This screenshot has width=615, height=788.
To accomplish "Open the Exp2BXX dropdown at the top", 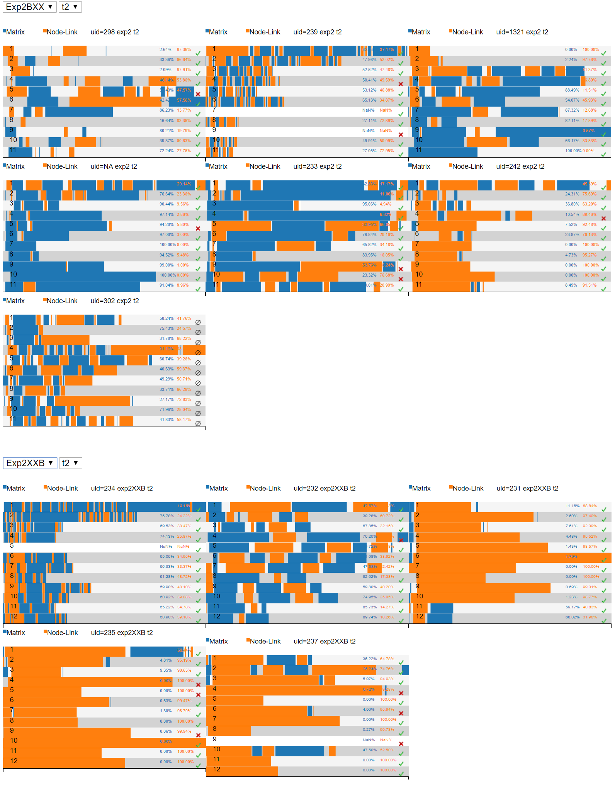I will click(29, 7).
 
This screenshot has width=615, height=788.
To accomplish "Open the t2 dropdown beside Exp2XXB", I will click(70, 463).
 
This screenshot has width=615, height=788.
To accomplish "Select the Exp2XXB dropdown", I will click(30, 463).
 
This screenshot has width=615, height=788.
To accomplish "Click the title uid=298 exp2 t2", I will click(115, 32).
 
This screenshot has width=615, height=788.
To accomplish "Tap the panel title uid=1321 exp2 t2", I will click(522, 32).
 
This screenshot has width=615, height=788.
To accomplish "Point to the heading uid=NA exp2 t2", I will click(114, 166).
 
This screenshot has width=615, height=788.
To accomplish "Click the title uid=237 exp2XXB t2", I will click(324, 641).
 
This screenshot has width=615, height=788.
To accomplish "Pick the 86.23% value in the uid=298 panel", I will click(166, 110).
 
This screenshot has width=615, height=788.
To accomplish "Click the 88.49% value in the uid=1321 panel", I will click(572, 90).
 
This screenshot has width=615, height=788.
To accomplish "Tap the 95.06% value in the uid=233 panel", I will click(369, 204).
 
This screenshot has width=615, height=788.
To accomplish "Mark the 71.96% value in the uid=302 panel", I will click(166, 409).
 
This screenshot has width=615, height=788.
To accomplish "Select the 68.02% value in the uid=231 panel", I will click(573, 617).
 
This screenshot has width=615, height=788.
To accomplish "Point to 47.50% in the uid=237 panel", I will click(370, 750).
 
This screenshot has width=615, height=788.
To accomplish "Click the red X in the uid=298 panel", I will click(198, 94).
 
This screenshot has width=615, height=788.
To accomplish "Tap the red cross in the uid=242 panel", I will click(603, 218).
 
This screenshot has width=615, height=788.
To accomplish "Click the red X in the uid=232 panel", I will click(401, 540).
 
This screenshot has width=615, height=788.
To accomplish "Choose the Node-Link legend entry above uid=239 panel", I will click(265, 32).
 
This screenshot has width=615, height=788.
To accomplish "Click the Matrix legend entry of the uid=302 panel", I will click(15, 301).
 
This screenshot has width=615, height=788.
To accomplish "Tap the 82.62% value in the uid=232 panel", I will click(370, 576).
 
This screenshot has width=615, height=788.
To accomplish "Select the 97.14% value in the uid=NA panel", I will click(166, 214).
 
